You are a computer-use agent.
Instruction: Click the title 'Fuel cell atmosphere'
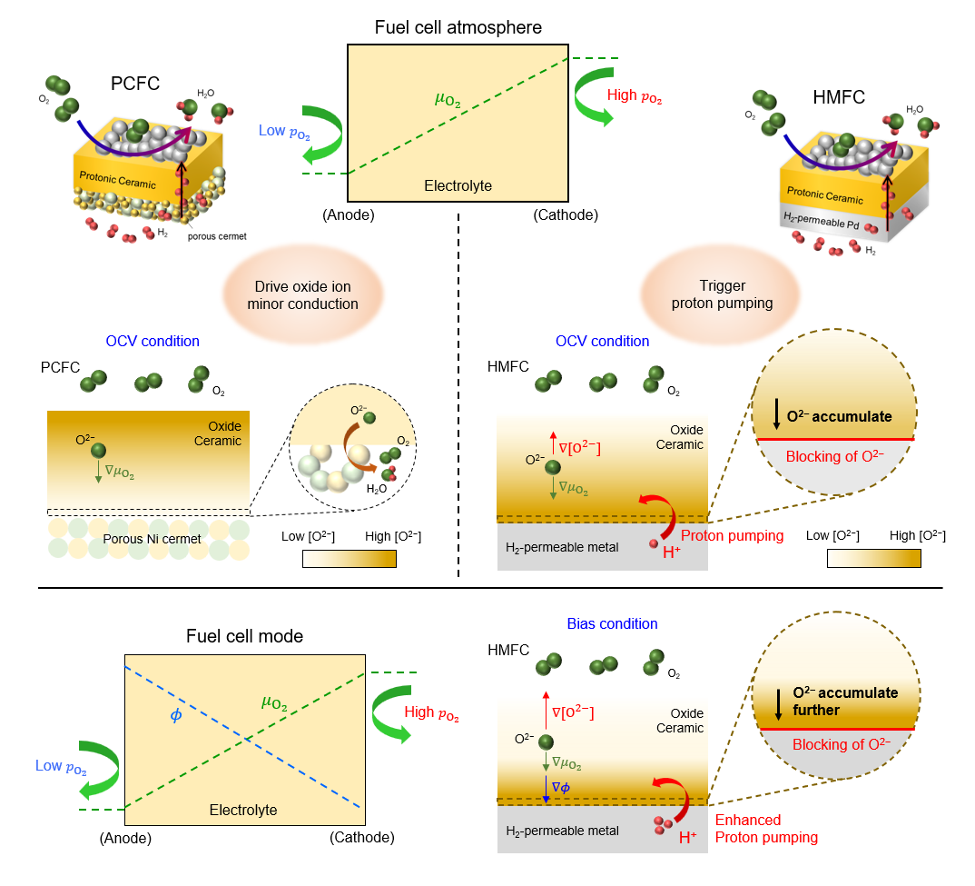coord(458,27)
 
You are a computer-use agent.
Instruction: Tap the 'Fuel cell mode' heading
coord(244,636)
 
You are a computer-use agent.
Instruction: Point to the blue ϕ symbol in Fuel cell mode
coord(175,714)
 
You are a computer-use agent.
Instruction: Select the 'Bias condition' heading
coord(612,623)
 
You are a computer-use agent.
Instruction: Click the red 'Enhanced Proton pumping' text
coord(766,829)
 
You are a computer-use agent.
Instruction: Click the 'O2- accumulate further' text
coord(844,701)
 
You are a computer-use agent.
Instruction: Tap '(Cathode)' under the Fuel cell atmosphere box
coord(566,215)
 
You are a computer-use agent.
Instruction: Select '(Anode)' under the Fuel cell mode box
coord(125,837)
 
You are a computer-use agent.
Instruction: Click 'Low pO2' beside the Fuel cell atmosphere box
coord(284,131)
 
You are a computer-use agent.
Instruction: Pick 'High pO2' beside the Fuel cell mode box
coord(429,713)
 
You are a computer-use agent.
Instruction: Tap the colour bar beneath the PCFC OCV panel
coord(349,559)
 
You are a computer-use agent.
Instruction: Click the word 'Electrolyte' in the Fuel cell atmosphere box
coord(458,186)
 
